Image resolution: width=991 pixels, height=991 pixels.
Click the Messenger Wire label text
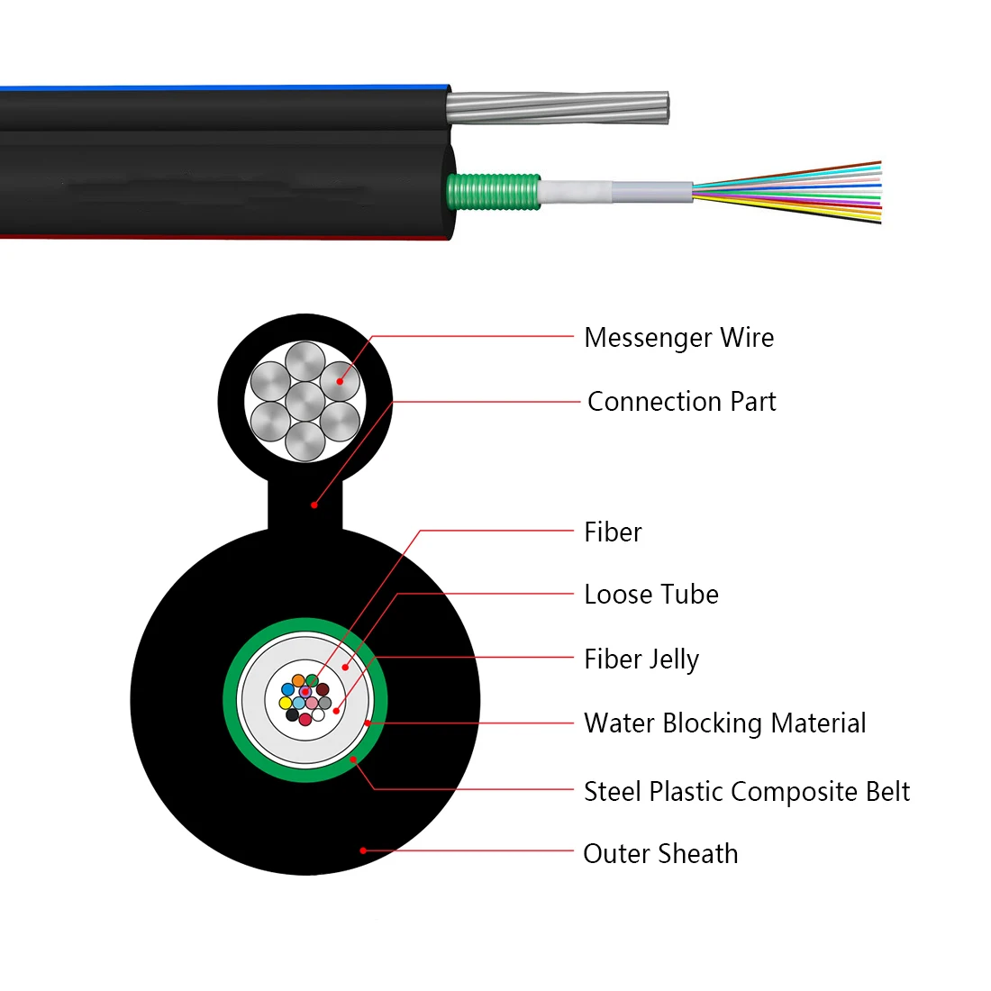coord(678,338)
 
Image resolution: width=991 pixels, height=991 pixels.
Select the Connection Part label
coord(681,402)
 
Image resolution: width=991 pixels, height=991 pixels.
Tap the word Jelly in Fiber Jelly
coord(675,660)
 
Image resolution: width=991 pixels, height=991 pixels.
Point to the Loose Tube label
coord(651,595)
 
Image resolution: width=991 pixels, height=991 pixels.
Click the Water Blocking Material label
coord(725,723)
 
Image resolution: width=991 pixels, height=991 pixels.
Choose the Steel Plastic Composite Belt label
coord(747,792)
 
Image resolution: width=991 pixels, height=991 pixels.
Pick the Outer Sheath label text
coord(660,854)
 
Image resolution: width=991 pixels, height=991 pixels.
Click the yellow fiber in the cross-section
coord(286,703)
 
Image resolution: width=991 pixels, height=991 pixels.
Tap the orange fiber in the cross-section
coord(298,681)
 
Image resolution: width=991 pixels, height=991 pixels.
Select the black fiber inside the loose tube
coord(292,714)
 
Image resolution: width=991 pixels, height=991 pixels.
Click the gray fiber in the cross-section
coord(325,703)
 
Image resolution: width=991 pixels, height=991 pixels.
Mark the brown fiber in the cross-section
coord(323,689)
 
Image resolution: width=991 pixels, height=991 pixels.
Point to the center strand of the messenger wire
coord(305,401)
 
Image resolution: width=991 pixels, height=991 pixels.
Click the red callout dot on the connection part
coord(314,505)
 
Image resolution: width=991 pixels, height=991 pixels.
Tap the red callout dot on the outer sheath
coord(363,850)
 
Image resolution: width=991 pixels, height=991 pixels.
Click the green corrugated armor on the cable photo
coord(494,192)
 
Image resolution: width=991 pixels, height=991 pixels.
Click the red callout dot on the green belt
coord(353,759)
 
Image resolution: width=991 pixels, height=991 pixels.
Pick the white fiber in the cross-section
coord(319,714)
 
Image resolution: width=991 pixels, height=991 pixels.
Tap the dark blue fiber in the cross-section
coord(287,689)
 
